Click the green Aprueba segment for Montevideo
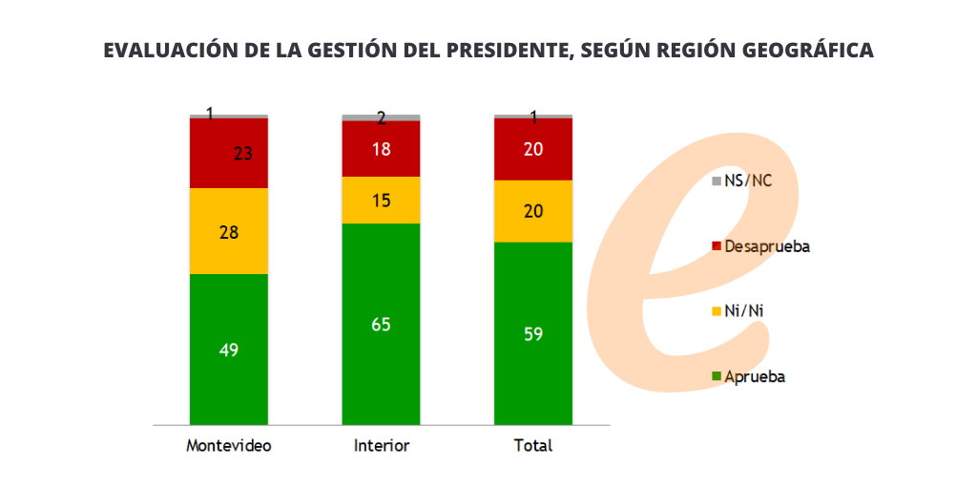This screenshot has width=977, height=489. [x=229, y=315]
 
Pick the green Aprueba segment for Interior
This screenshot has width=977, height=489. [x=382, y=287]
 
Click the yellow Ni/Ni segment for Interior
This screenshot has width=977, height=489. [x=382, y=201]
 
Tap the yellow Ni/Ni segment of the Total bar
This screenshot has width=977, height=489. [x=533, y=211]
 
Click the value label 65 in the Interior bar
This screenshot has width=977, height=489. [x=382, y=325]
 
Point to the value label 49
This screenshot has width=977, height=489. [x=229, y=350]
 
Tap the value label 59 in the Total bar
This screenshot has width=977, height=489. [x=533, y=335]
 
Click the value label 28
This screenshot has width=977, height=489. [x=229, y=232]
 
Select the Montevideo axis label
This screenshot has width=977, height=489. [x=229, y=446]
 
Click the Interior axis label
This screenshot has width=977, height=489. [x=382, y=446]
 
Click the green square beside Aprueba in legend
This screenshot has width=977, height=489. [x=717, y=376]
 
